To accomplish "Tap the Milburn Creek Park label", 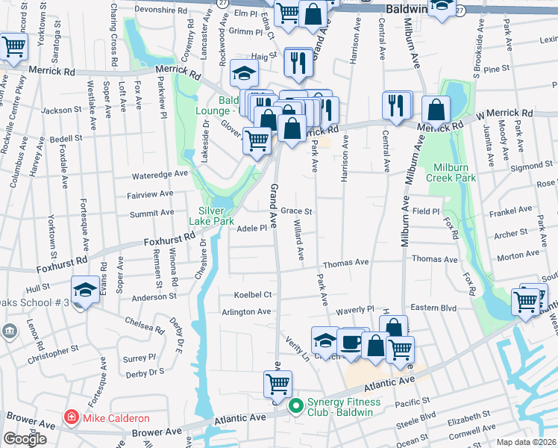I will (451, 172).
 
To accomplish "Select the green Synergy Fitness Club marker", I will (295, 407).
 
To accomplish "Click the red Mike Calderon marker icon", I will (70, 417).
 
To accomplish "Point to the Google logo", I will (25, 439).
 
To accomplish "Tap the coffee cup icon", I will (351, 343).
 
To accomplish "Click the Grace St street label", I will (295, 211).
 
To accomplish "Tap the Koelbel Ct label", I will (251, 294).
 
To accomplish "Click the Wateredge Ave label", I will (160, 173).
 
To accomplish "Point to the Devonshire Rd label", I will (158, 11).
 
